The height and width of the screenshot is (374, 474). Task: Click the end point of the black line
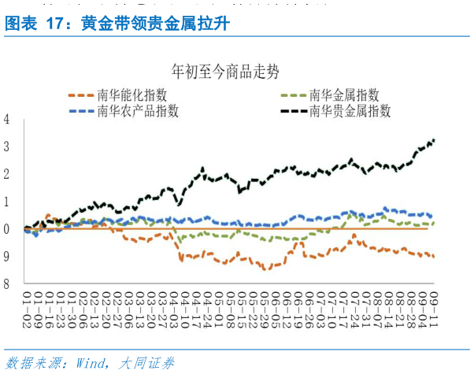tap(434, 140)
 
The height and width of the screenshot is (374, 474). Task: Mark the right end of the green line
tap(434, 224)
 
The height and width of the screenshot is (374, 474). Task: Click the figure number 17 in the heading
tap(55, 24)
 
